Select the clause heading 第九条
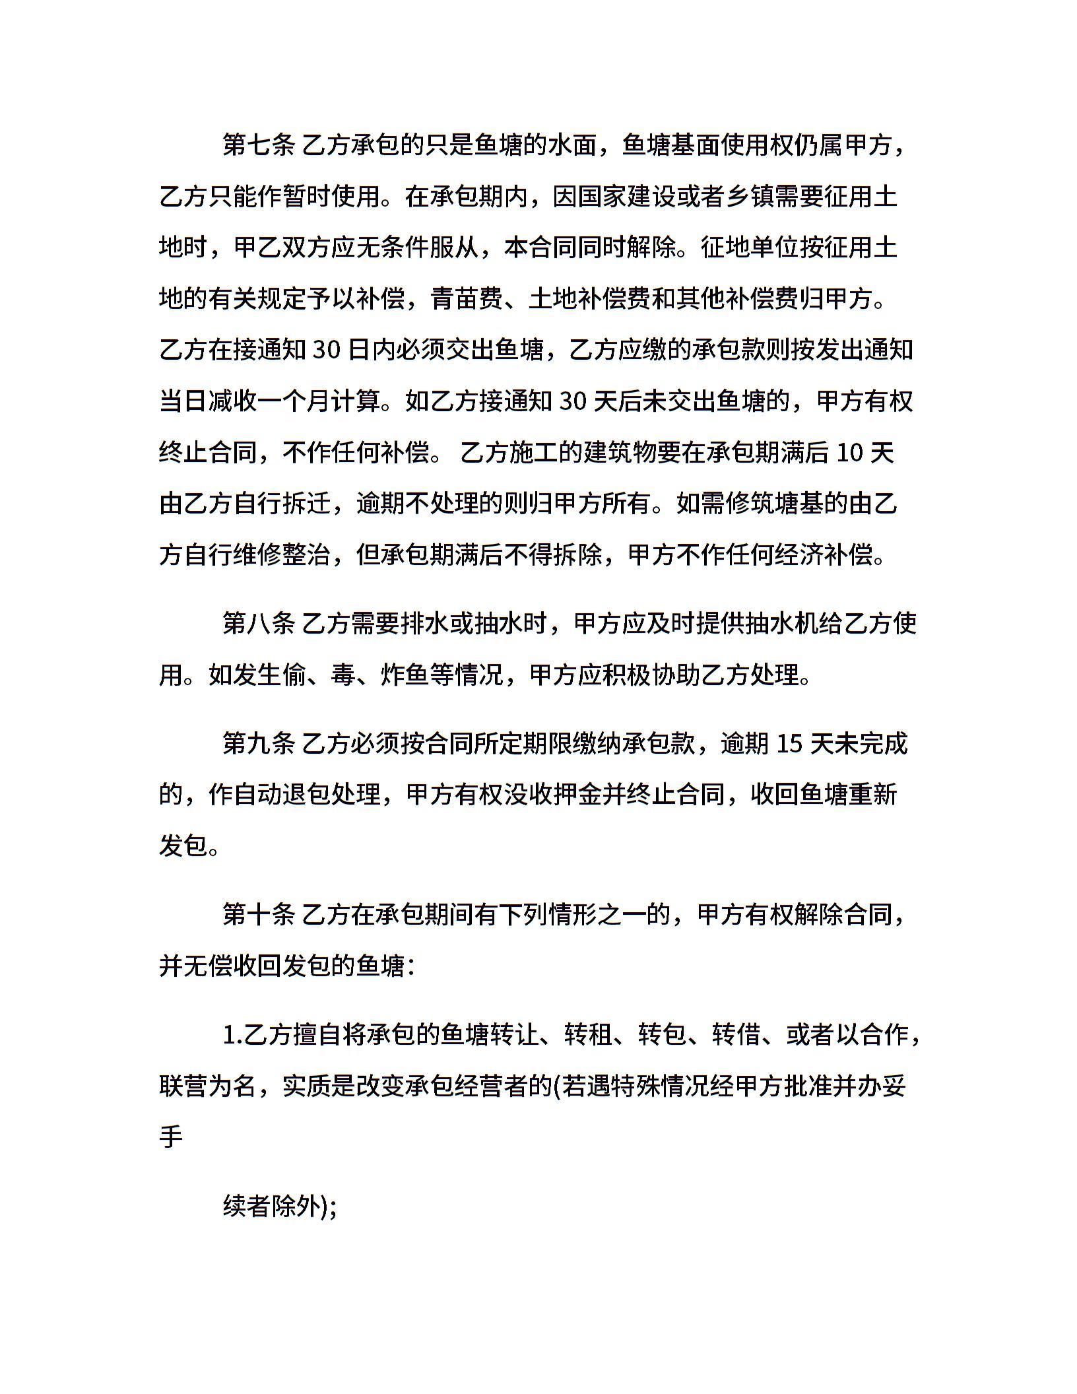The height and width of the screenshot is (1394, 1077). [259, 744]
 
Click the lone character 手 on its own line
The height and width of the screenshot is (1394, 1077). [171, 1137]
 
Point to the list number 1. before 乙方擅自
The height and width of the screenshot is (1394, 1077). [232, 1036]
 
